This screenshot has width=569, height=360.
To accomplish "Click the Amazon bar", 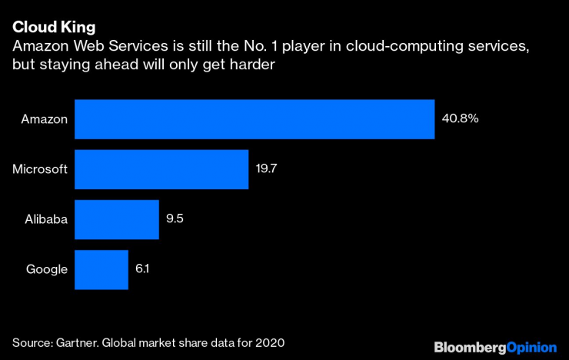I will click(x=255, y=119).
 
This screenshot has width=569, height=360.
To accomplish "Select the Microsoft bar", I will click(x=161, y=169).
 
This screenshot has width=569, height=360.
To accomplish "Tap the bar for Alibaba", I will click(x=116, y=219).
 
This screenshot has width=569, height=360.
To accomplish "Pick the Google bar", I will click(x=101, y=269).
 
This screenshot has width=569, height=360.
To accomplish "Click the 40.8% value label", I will click(x=460, y=119).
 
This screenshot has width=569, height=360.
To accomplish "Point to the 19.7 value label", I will click(x=267, y=169).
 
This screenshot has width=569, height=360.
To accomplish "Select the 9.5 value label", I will click(x=175, y=219).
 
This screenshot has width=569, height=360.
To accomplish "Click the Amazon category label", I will click(x=45, y=119).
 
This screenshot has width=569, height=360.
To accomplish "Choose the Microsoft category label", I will click(x=40, y=169).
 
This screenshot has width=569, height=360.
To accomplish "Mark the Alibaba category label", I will click(x=46, y=219).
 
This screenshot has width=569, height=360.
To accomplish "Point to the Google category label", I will click(x=47, y=269).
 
